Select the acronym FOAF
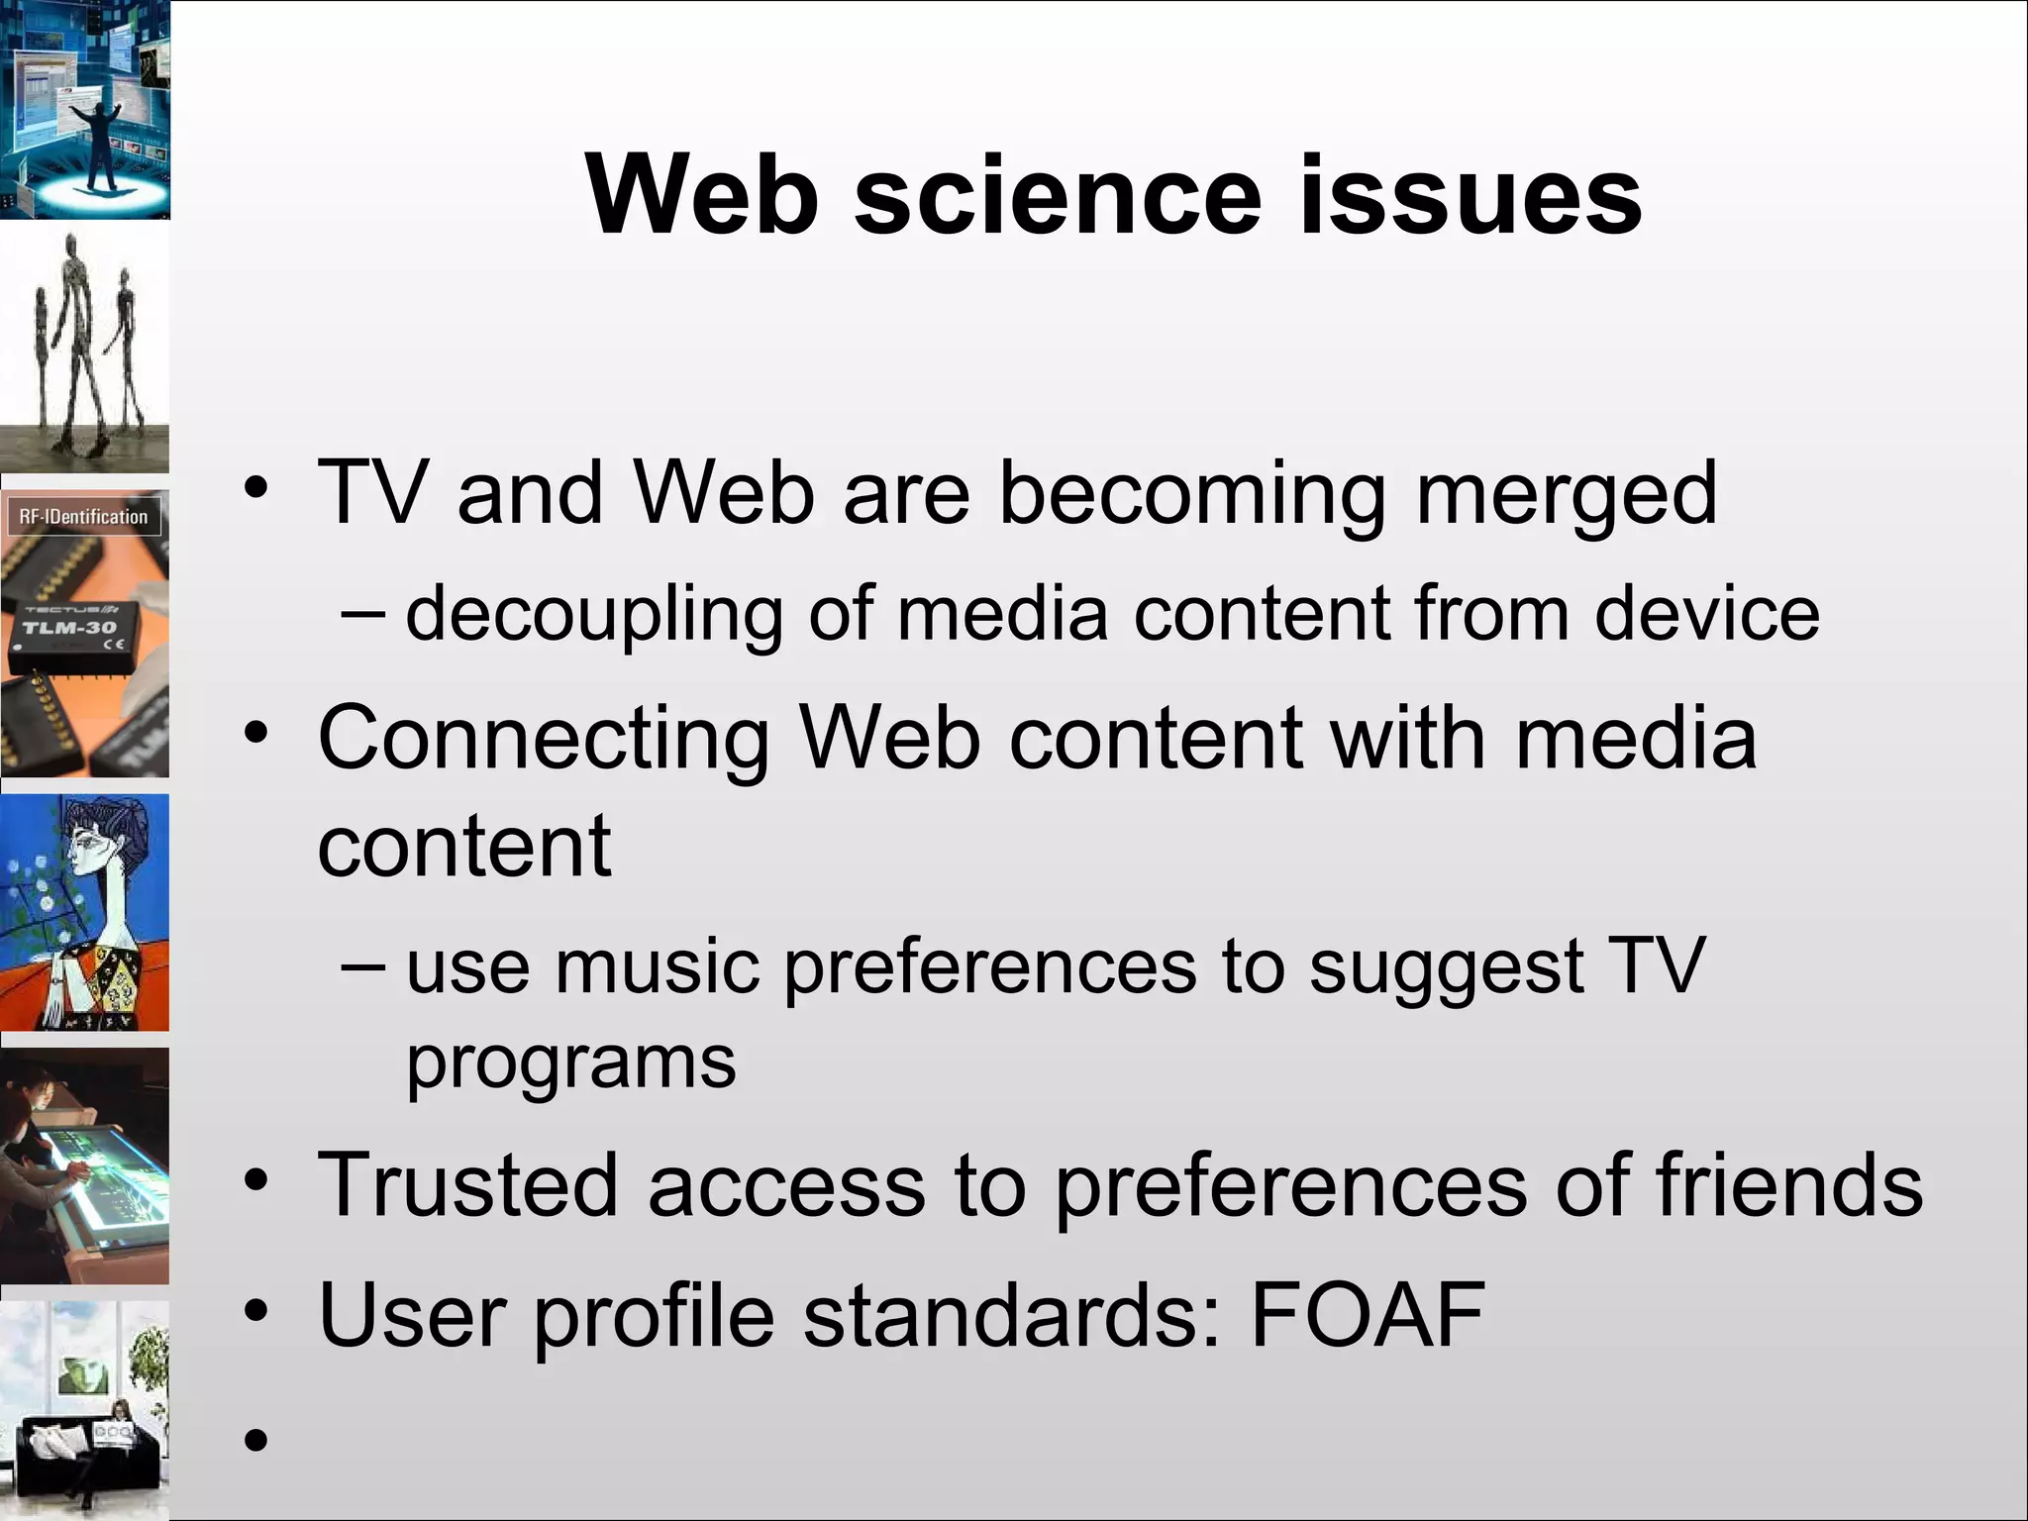1368,1315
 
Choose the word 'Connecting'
544,741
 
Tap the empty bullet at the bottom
256,1439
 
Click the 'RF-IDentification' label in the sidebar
83,517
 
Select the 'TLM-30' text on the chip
69,628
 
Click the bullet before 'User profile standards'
256,1312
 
